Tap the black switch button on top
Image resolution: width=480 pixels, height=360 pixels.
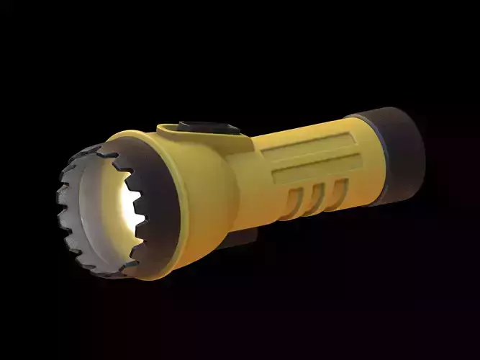pos(208,127)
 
